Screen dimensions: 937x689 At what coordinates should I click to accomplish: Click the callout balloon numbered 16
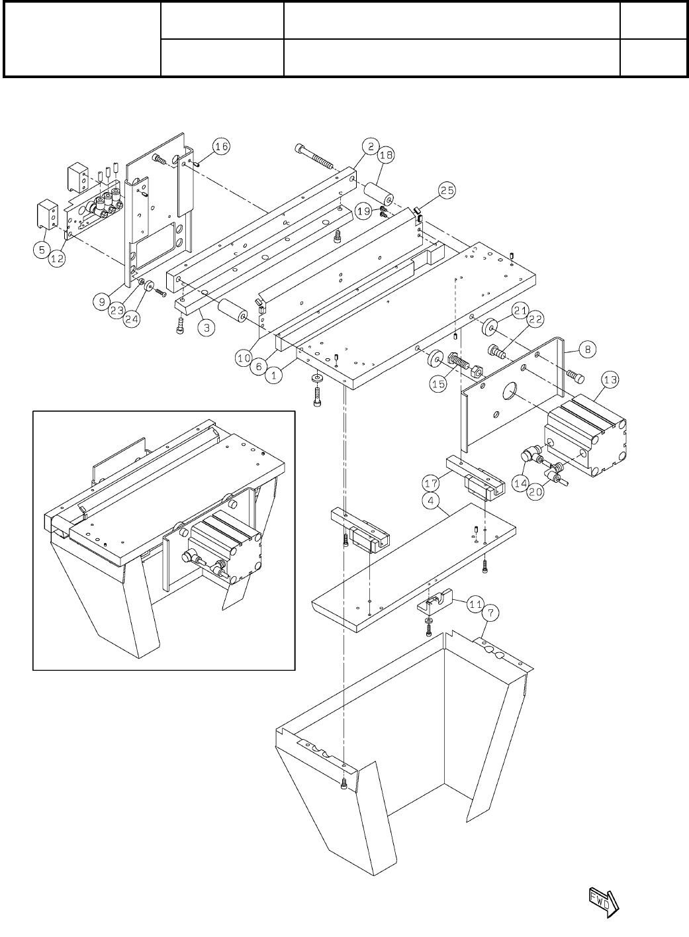click(222, 146)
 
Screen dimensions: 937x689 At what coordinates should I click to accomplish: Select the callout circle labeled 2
click(371, 146)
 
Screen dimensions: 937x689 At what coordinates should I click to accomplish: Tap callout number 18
click(386, 156)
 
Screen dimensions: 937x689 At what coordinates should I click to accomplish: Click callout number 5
click(42, 250)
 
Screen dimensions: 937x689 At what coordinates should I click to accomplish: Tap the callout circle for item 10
click(245, 358)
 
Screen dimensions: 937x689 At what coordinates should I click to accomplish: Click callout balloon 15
click(437, 385)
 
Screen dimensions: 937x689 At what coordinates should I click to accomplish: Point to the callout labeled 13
click(610, 379)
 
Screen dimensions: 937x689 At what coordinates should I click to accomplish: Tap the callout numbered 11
click(475, 603)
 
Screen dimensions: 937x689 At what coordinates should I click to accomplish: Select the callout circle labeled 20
click(536, 492)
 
